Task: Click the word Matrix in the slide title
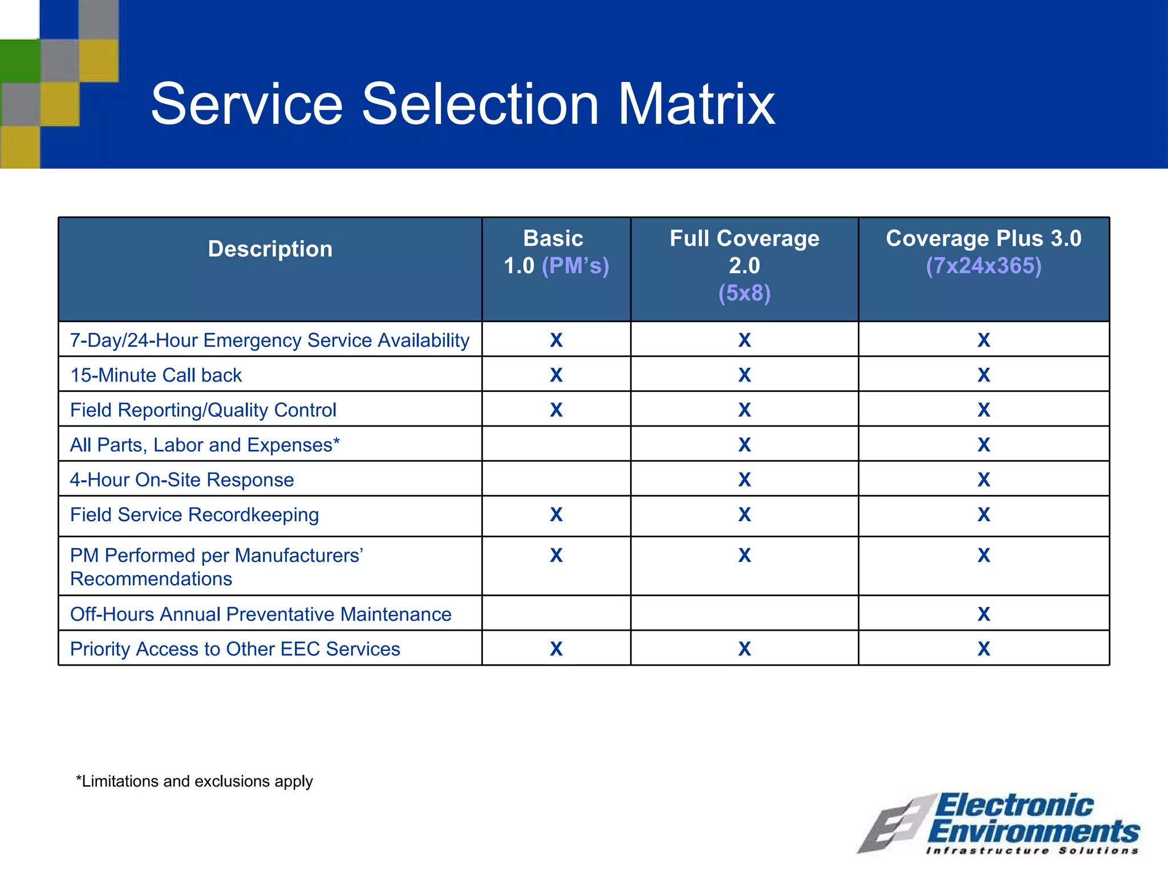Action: pos(696,104)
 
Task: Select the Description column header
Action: pos(270,249)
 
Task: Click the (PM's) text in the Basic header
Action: pos(575,266)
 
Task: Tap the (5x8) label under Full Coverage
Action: pos(744,293)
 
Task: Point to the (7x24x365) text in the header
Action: pos(983,266)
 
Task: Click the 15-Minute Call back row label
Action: pos(156,375)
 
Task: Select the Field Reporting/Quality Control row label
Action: pos(203,410)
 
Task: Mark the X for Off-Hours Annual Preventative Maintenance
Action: pos(983,614)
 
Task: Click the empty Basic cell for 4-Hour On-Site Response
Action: pos(556,479)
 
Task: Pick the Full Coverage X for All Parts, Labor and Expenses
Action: pos(744,445)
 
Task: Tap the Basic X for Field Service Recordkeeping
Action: pos(556,515)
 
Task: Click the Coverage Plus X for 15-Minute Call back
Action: pos(983,375)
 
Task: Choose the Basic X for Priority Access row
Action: pos(556,649)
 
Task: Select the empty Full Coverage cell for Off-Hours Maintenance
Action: pos(744,614)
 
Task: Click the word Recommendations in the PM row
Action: pos(151,579)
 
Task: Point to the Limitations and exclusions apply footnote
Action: pos(194,781)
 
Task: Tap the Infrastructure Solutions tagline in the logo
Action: pos(1032,851)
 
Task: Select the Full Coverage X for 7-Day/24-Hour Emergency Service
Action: pos(744,340)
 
